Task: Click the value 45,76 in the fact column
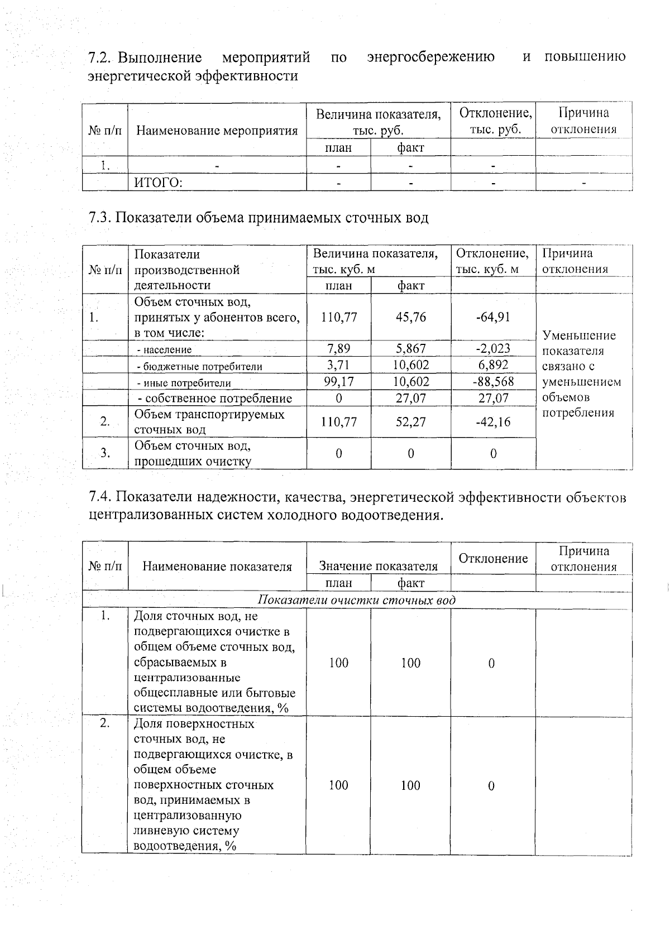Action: click(x=410, y=317)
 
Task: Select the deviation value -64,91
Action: click(x=493, y=317)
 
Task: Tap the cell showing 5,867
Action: click(x=410, y=349)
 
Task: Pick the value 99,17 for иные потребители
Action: click(x=338, y=382)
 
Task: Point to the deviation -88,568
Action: click(x=493, y=382)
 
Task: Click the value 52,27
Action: click(x=410, y=422)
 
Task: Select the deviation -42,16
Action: click(x=493, y=422)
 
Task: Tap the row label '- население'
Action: click(x=165, y=350)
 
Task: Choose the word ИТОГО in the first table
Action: click(x=159, y=183)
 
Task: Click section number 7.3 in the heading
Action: click(x=100, y=218)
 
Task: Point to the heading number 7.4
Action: click(x=100, y=497)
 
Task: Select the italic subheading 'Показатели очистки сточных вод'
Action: click(x=357, y=600)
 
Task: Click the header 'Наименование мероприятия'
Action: click(x=217, y=131)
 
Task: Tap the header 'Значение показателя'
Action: click(x=378, y=566)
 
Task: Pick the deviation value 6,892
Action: click(x=493, y=365)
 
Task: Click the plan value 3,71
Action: click(x=338, y=365)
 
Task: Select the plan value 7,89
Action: click(x=338, y=349)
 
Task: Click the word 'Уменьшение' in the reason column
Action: click(x=578, y=335)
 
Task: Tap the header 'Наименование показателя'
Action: click(x=217, y=566)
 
